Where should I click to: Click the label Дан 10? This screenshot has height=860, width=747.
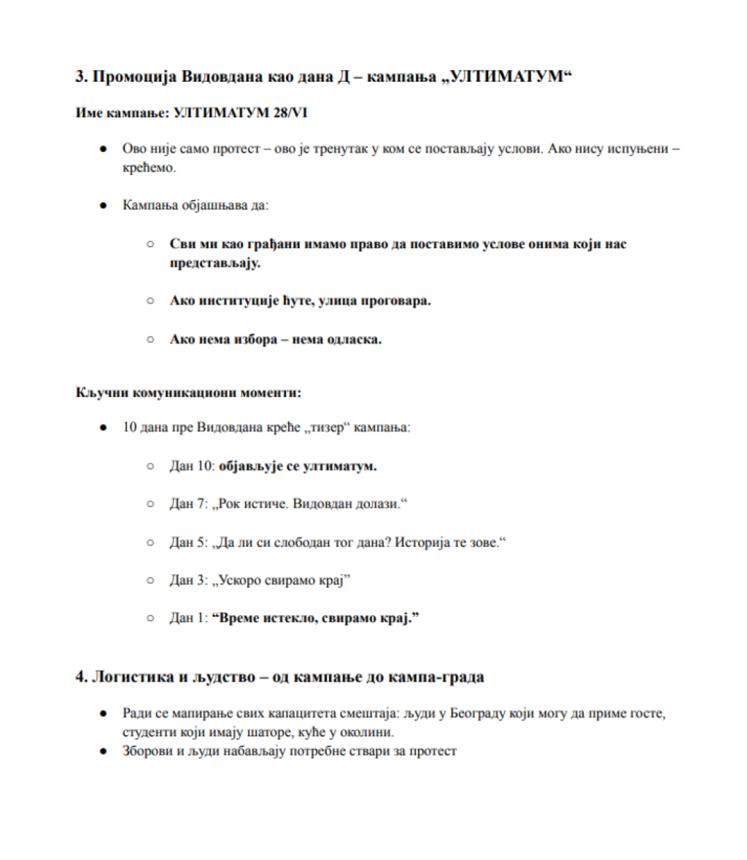(x=191, y=466)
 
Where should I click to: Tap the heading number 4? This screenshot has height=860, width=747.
(x=80, y=677)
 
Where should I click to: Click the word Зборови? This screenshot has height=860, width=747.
(x=146, y=751)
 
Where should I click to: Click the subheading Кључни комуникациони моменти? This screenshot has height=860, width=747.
(x=188, y=393)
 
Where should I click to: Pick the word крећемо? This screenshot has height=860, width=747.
(x=150, y=168)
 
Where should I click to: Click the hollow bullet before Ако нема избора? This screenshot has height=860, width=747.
(x=150, y=339)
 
